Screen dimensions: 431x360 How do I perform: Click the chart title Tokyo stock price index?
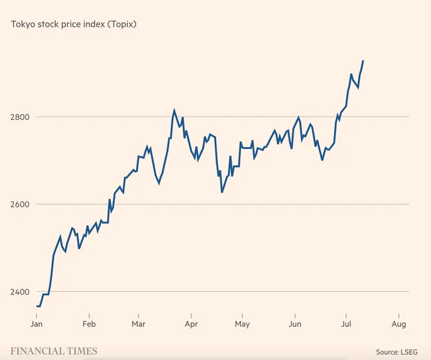tap(73, 24)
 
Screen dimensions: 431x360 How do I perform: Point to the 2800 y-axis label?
tap(20, 117)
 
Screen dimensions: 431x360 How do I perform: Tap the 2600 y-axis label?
tap(20, 204)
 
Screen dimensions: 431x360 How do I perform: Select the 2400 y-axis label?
tap(20, 292)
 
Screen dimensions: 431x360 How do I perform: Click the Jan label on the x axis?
tap(36, 324)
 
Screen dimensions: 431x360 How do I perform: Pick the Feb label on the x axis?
tap(89, 324)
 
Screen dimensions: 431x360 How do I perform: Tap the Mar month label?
tap(138, 324)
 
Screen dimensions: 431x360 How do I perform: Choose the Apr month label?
tap(191, 324)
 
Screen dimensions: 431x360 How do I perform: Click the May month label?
tap(242, 324)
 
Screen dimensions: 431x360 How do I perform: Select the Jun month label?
tap(295, 324)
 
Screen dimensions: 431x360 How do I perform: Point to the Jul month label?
tap(346, 324)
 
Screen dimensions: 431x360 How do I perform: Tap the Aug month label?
tap(399, 324)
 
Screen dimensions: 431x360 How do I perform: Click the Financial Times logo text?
tap(54, 351)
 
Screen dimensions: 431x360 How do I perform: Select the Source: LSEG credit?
tap(397, 352)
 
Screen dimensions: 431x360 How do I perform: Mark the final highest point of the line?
tap(363, 61)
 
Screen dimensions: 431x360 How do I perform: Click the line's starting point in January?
tap(36, 306)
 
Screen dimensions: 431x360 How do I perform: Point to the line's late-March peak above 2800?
tap(174, 110)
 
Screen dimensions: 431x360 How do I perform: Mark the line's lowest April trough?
tap(222, 192)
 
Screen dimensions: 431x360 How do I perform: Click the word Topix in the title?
tap(122, 24)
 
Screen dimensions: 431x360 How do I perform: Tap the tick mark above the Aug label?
tap(399, 316)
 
